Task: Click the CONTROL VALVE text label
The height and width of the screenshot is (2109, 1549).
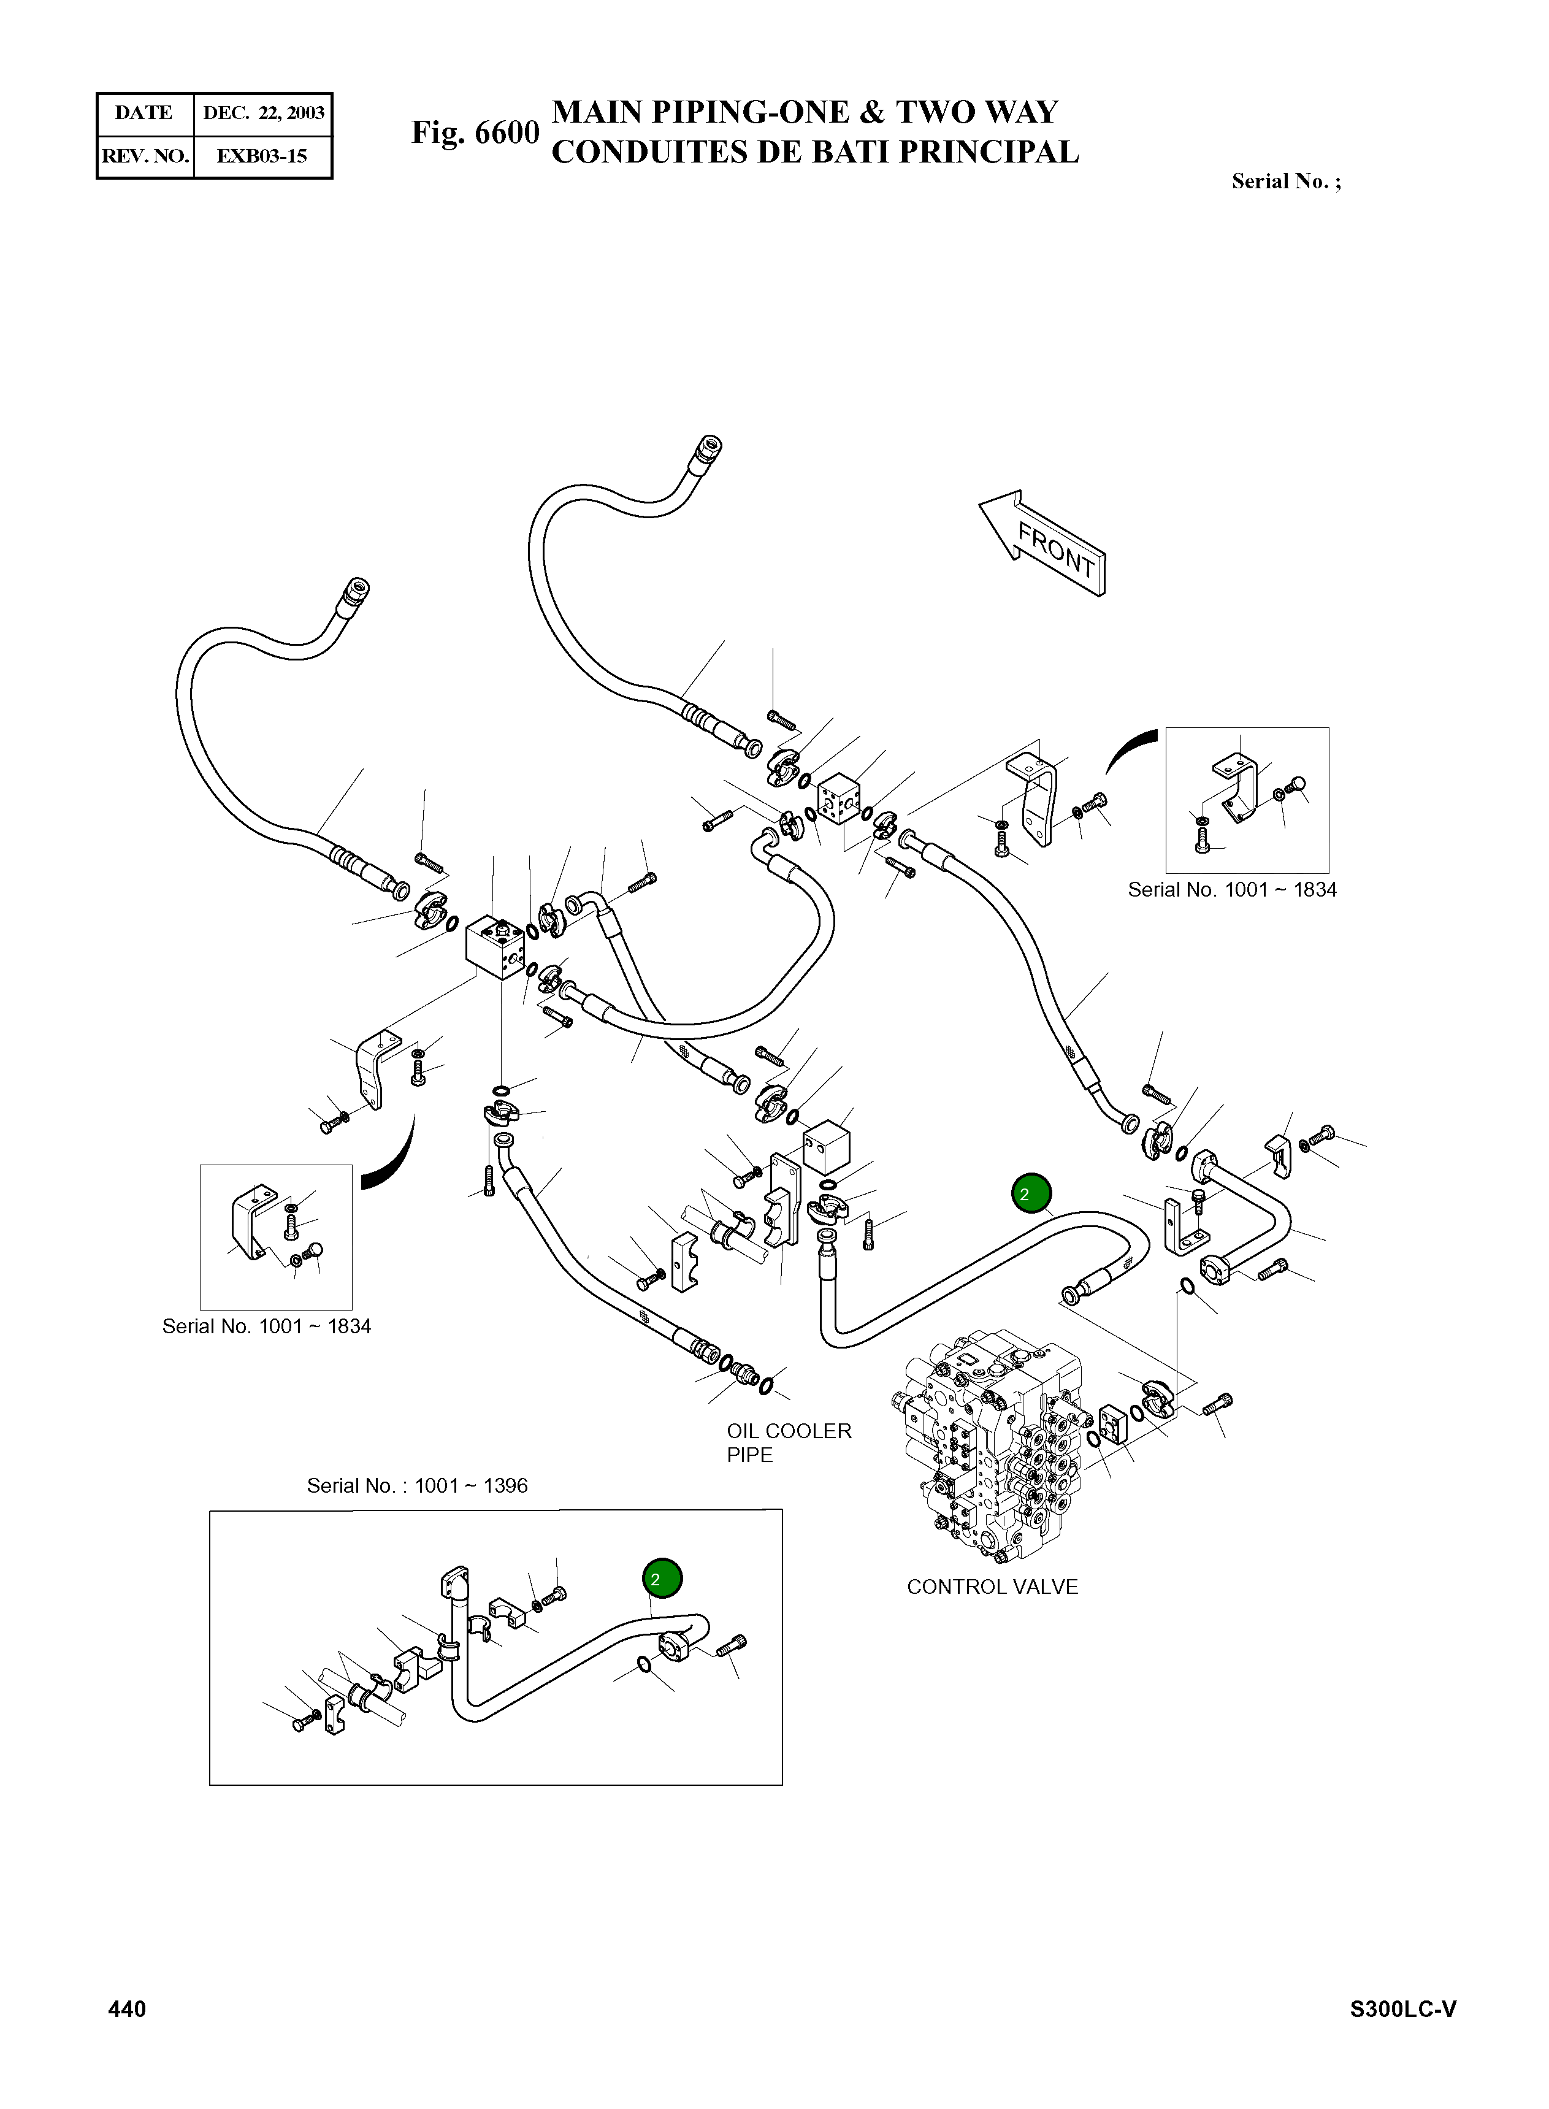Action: pyautogui.click(x=992, y=1587)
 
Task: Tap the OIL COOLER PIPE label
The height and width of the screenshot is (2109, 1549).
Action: pyautogui.click(x=789, y=1443)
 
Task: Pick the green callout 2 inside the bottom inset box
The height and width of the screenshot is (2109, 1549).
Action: pyautogui.click(x=662, y=1579)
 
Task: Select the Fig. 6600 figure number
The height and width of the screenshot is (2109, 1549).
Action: pyautogui.click(x=475, y=133)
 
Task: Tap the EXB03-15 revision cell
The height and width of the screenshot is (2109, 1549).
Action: pyautogui.click(x=262, y=156)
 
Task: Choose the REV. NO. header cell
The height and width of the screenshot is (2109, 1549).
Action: pyautogui.click(x=145, y=156)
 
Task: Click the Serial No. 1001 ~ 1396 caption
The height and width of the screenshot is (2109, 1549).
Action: pyautogui.click(x=417, y=1485)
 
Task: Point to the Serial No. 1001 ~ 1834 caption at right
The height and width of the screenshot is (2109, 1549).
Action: pyautogui.click(x=1232, y=889)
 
